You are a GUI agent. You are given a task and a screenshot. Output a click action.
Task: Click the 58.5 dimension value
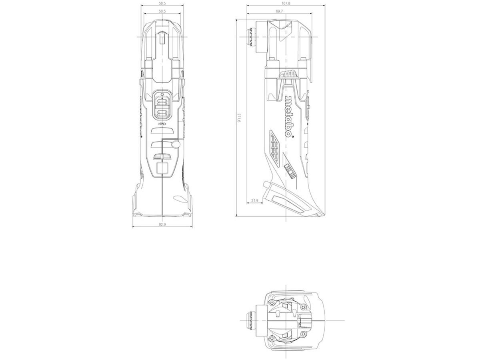coord(162,3)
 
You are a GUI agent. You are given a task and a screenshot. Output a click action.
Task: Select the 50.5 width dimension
coord(162,11)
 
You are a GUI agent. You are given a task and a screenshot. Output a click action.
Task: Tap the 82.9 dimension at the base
coord(162,224)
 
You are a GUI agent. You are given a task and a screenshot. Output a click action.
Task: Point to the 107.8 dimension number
coord(286,3)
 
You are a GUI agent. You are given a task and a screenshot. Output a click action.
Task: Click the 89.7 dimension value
coord(279,11)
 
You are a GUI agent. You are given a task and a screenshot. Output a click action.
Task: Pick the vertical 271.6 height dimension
coord(239,118)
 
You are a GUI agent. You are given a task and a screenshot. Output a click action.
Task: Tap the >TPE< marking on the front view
coord(162,125)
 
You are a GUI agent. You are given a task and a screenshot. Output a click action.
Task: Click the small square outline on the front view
coord(162,168)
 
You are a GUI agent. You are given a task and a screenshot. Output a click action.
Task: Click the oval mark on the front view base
coord(176,198)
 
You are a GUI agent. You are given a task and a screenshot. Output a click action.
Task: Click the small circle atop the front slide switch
coord(162,95)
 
